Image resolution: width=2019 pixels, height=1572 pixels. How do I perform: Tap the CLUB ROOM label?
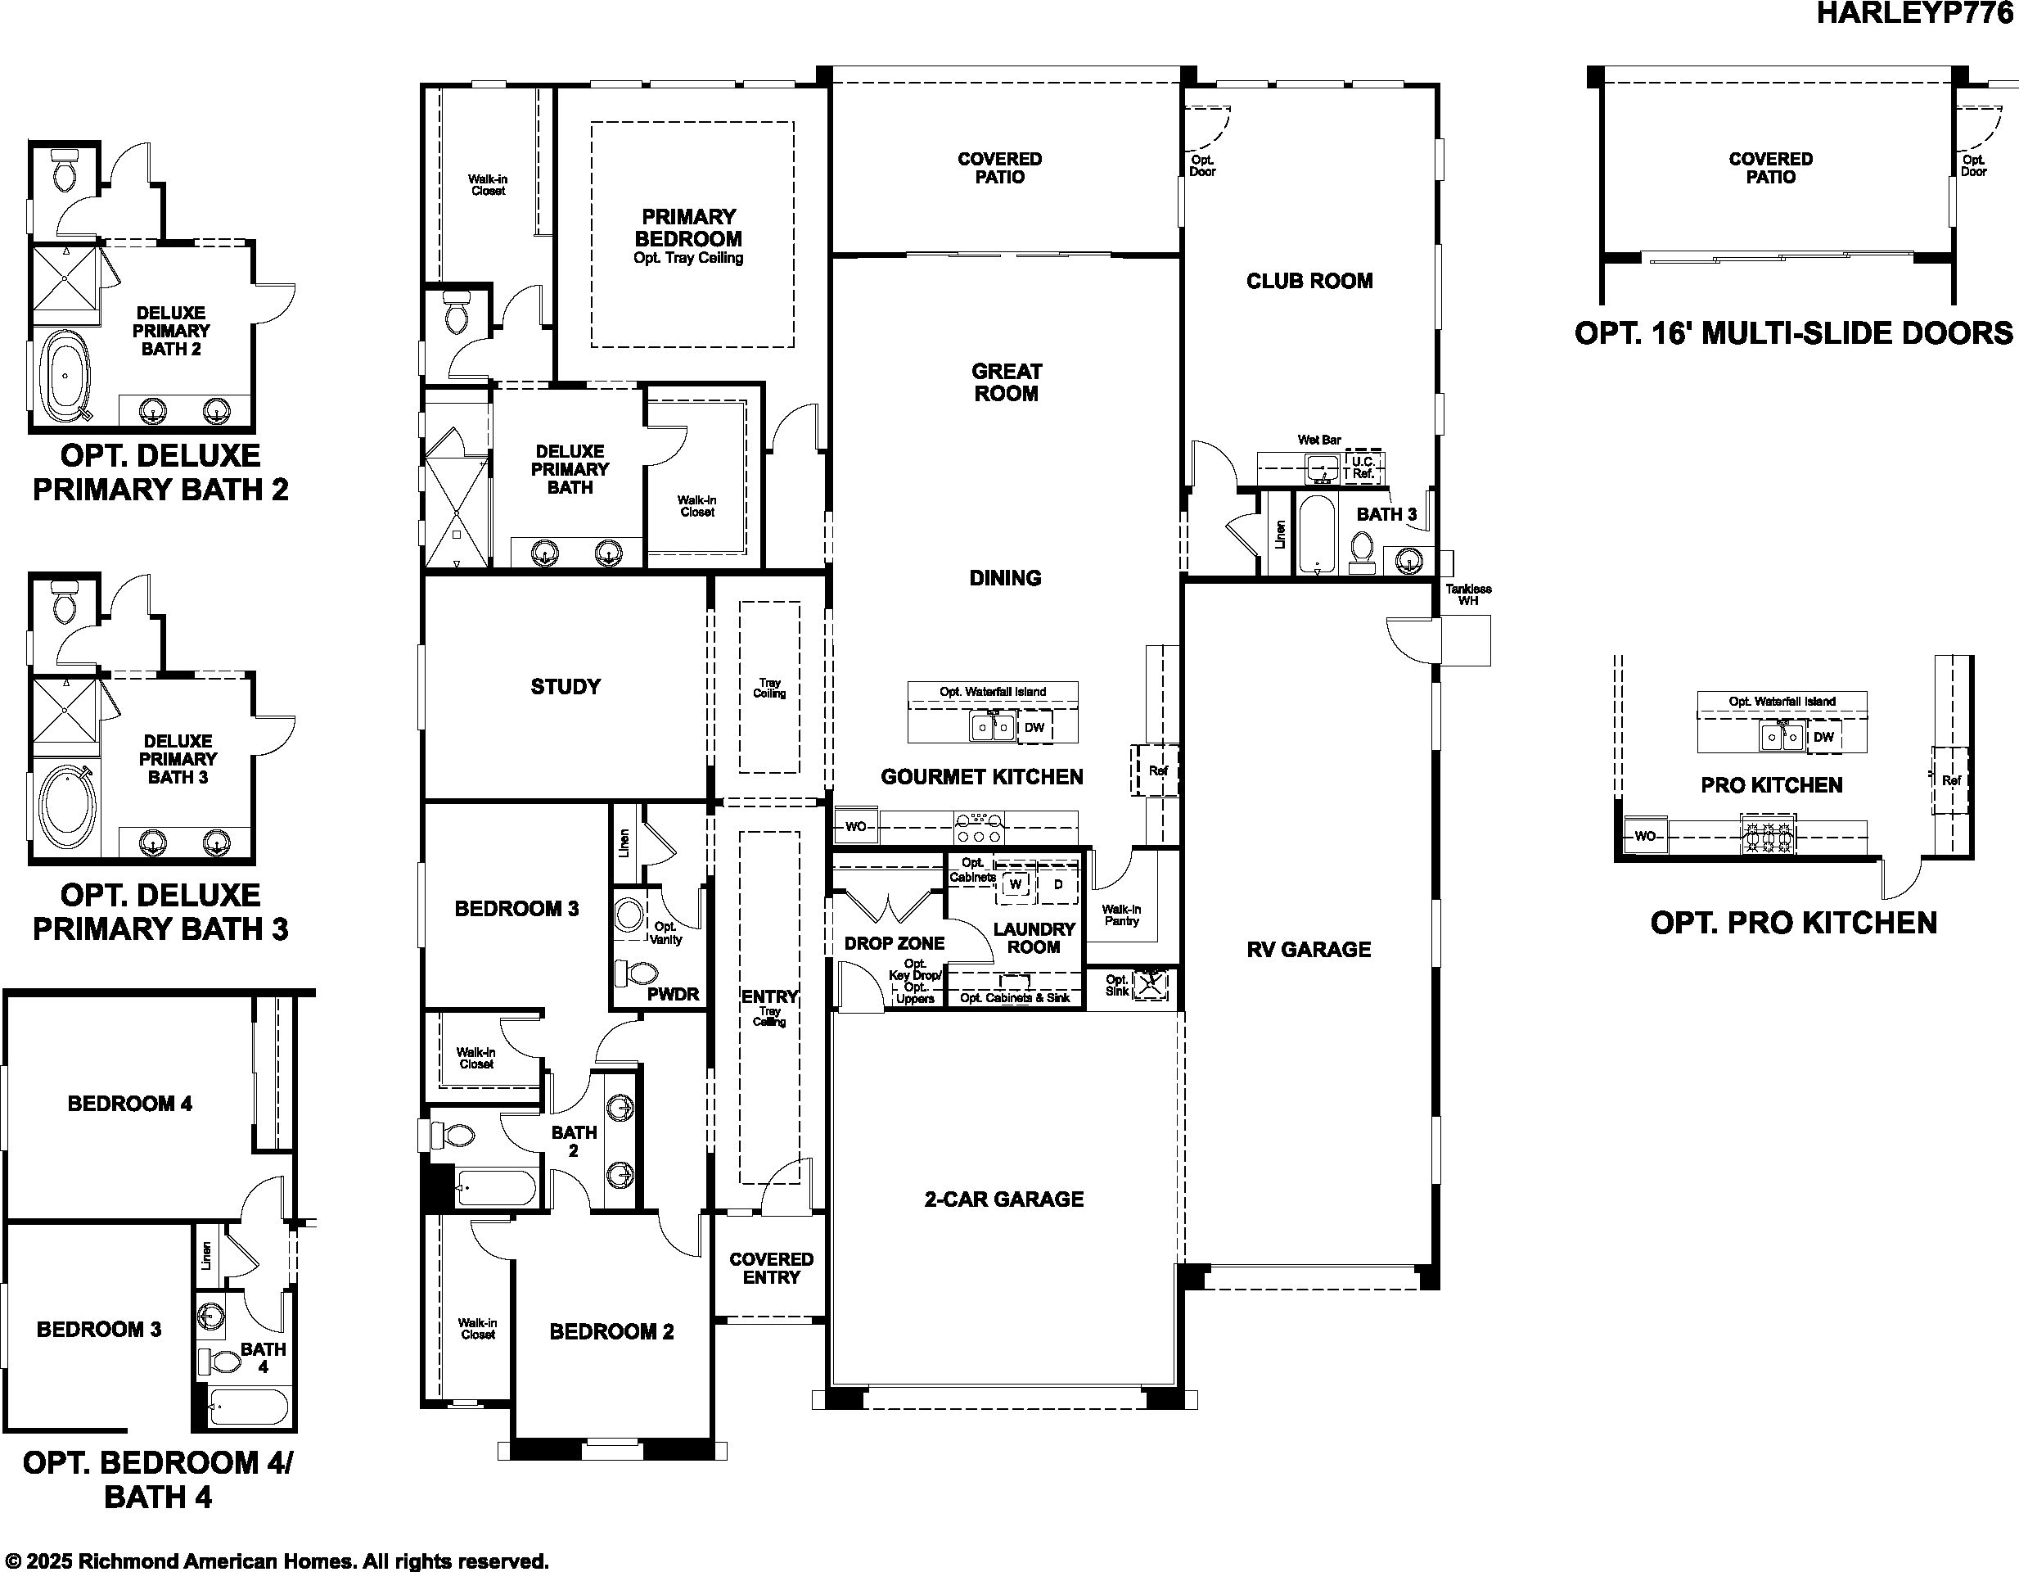(x=1309, y=281)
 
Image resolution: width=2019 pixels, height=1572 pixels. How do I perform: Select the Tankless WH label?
(x=1468, y=594)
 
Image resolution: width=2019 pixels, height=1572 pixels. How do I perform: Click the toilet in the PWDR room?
(x=638, y=973)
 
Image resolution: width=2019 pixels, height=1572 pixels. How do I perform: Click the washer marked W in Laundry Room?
(x=1015, y=884)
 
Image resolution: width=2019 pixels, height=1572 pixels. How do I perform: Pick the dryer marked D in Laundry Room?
(x=1057, y=884)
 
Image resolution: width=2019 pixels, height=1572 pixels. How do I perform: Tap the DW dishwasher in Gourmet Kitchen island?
(x=1034, y=728)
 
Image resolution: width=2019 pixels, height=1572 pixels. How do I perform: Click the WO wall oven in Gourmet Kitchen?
(x=856, y=826)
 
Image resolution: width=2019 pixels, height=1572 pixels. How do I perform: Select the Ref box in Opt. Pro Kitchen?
(x=1950, y=780)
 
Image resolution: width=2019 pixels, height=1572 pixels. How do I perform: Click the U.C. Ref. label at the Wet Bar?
(x=1363, y=467)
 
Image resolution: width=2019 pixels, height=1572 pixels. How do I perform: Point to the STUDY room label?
(x=566, y=686)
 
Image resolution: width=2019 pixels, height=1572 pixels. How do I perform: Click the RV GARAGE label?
(x=1309, y=950)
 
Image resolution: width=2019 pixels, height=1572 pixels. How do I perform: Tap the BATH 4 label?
(x=264, y=1357)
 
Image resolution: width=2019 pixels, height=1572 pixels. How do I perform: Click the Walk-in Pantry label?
(x=1121, y=915)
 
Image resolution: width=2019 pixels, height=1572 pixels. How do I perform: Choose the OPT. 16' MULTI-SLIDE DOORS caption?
(x=1793, y=333)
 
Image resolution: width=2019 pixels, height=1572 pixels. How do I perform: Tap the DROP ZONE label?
(x=895, y=943)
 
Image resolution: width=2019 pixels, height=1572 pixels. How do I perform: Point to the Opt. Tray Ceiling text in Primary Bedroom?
(x=689, y=258)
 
